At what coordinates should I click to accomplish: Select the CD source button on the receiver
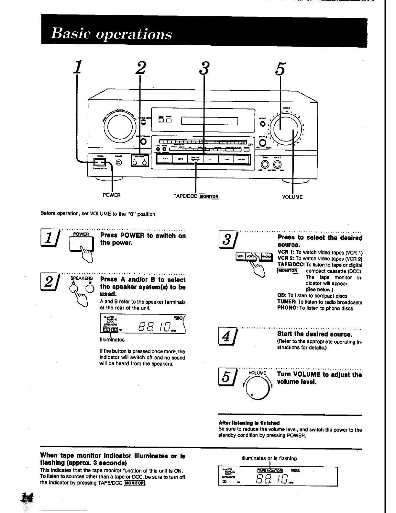click(x=211, y=159)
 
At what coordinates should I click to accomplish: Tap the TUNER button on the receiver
click(x=226, y=159)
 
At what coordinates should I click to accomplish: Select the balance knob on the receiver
click(x=263, y=143)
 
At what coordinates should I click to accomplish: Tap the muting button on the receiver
click(x=262, y=123)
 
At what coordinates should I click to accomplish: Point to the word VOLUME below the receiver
click(x=292, y=197)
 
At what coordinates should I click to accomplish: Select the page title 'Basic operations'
click(x=111, y=34)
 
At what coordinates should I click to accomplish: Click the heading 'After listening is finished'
click(x=249, y=423)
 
